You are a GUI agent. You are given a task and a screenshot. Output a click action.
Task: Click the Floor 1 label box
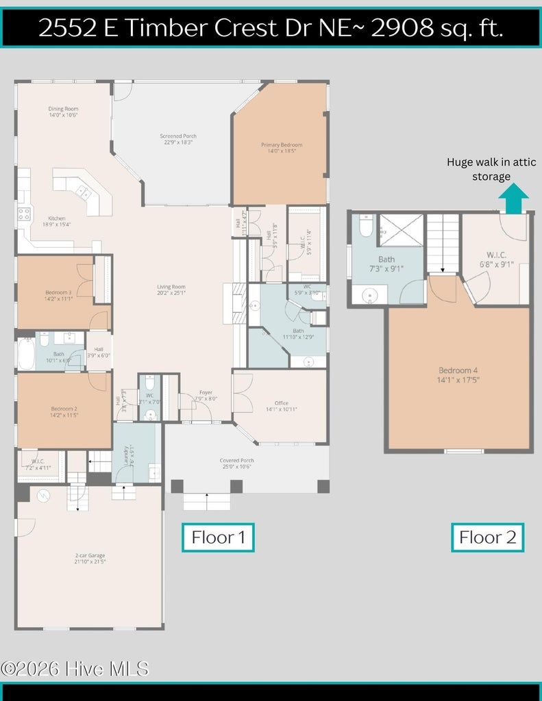click(218, 537)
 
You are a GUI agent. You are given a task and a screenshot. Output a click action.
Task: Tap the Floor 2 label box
click(487, 537)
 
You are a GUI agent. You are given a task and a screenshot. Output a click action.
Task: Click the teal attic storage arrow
click(513, 201)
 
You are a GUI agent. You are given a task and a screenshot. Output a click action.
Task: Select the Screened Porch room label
click(178, 140)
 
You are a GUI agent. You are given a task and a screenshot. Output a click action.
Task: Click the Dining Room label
click(63, 112)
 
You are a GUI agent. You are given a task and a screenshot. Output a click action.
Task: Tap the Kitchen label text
click(56, 221)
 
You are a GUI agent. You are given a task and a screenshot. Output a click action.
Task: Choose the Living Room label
click(171, 290)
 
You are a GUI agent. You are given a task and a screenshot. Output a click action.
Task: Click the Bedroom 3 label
click(58, 295)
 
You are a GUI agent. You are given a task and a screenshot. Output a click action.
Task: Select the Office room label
click(281, 406)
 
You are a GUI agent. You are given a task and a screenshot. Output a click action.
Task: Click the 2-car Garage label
click(90, 559)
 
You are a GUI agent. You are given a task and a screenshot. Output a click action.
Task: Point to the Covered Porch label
click(236, 463)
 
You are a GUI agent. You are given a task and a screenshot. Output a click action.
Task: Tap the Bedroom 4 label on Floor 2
click(458, 374)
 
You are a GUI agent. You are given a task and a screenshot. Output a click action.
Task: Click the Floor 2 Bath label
click(386, 264)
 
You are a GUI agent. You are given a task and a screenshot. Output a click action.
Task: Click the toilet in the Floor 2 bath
click(366, 226)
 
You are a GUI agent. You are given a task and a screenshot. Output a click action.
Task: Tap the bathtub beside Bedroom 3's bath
click(26, 354)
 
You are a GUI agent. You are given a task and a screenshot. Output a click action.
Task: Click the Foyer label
click(206, 395)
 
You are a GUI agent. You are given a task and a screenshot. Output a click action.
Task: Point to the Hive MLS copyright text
click(74, 669)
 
